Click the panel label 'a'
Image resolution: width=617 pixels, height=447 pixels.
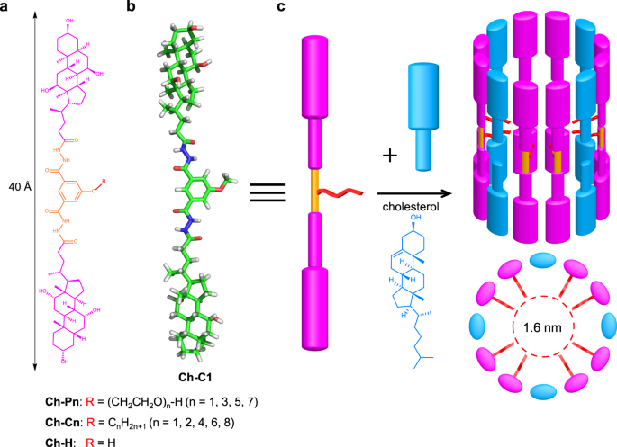pos(8,8)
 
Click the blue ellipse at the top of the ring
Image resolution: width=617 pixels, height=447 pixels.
pos(541,259)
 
